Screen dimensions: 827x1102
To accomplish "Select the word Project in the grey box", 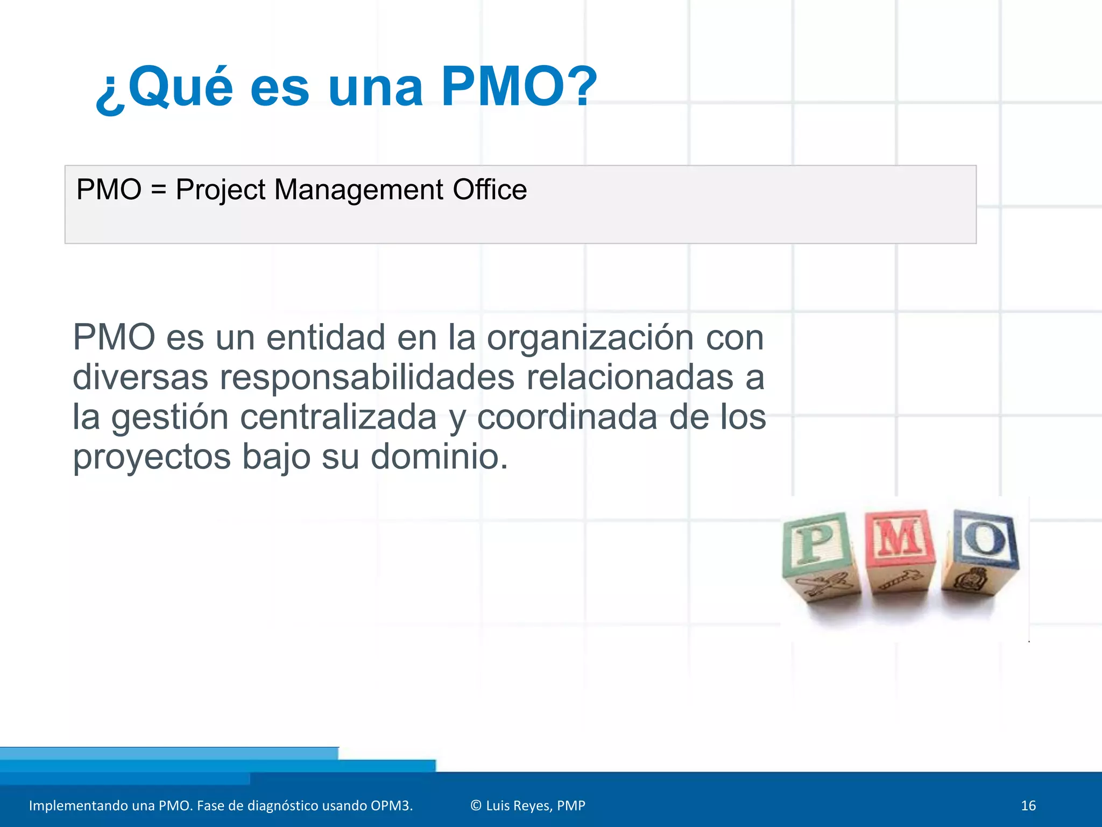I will (221, 191).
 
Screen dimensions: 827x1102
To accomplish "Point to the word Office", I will (490, 190).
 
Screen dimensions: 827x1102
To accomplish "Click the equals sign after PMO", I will (159, 191).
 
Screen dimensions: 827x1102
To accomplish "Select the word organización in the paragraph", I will (590, 338).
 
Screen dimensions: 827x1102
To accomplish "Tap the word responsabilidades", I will (367, 377).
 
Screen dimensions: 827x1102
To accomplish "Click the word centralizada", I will (338, 417).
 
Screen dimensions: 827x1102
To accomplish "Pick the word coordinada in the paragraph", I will (567, 417).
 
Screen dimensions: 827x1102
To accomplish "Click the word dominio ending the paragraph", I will (439, 457).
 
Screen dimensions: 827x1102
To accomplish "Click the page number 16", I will (1028, 805).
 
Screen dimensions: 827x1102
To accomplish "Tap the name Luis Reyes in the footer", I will (519, 805).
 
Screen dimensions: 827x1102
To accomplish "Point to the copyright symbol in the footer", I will (476, 805).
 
